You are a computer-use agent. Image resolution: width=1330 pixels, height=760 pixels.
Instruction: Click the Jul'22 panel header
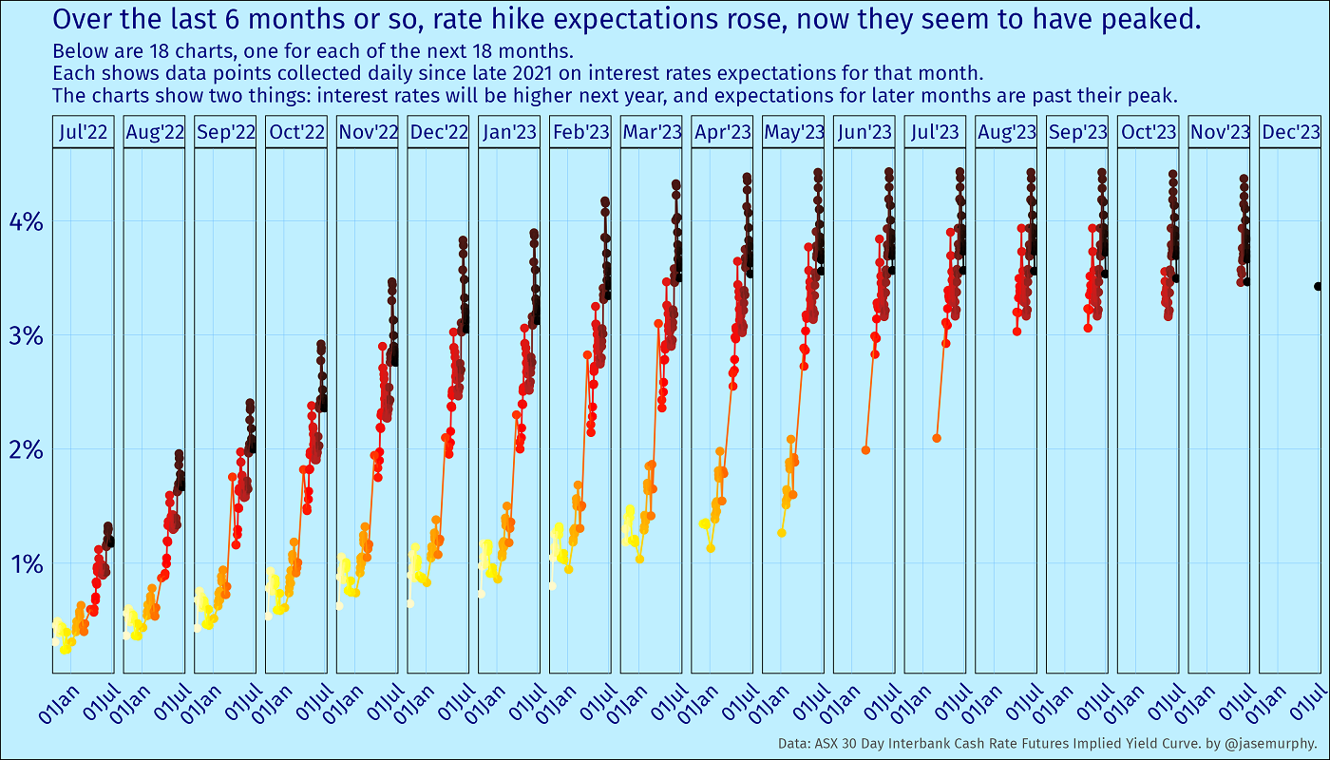click(x=83, y=133)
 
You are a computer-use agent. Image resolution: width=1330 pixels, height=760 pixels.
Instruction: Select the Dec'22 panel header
click(x=438, y=133)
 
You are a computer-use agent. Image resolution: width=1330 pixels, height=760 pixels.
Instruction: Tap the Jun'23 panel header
click(x=864, y=133)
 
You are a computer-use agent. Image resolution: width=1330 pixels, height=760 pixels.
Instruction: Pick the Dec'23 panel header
click(x=1291, y=133)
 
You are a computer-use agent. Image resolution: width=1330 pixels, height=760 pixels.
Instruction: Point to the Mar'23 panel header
click(x=651, y=133)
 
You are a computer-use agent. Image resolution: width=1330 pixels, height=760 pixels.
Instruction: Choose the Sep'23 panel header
click(x=1077, y=133)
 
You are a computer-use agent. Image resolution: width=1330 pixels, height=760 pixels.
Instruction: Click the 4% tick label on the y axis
click(x=26, y=222)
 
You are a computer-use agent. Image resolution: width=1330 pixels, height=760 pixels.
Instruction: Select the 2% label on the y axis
click(x=26, y=449)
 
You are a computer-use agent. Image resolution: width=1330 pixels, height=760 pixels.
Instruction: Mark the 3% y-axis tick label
click(x=26, y=336)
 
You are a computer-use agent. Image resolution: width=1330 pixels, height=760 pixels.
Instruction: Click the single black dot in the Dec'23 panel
click(x=1318, y=286)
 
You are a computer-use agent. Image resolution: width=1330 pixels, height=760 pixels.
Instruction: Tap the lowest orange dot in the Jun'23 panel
click(x=865, y=449)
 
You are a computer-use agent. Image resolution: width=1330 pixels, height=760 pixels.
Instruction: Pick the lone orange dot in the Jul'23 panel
click(x=937, y=438)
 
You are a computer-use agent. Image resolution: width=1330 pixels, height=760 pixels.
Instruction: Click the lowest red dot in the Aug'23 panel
click(x=1016, y=332)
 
